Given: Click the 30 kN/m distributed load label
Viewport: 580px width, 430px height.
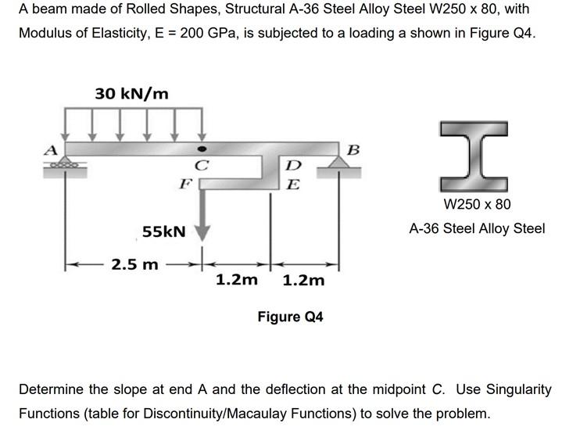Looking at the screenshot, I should [x=131, y=93].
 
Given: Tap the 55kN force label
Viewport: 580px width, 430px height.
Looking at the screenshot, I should [x=164, y=231].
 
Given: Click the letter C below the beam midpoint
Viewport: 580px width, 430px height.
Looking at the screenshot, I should [x=202, y=166].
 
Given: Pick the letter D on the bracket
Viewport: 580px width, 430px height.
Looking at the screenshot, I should [x=293, y=166].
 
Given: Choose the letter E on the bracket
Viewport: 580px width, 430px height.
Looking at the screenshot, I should [x=293, y=185].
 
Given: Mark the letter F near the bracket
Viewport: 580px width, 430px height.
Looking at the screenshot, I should [x=184, y=185].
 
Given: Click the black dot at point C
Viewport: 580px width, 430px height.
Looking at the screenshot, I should [x=202, y=149].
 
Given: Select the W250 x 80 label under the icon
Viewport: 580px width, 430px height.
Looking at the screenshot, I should [x=477, y=205].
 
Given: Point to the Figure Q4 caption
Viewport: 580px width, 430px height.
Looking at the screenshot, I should [x=290, y=317].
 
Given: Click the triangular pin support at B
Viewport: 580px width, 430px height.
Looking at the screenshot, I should [x=338, y=163].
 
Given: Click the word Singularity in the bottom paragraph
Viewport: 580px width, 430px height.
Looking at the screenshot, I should [x=517, y=389].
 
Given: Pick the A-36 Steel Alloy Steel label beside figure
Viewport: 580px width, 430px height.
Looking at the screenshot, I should [x=477, y=229].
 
